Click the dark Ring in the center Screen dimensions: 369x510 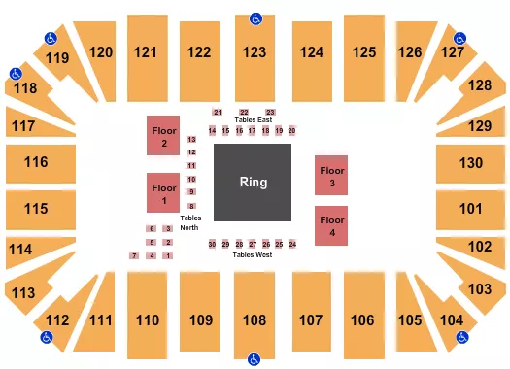click(x=253, y=183)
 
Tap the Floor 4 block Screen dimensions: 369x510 click(x=332, y=226)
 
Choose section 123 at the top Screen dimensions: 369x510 click(x=255, y=52)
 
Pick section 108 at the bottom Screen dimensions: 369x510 click(x=255, y=318)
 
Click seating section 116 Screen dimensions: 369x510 click(x=37, y=162)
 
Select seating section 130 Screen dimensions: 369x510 click(x=471, y=162)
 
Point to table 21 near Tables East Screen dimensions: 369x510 click(x=219, y=113)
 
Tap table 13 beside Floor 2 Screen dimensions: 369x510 click(x=192, y=140)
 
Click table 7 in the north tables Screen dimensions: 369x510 click(x=133, y=255)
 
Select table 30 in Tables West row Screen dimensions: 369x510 click(x=212, y=244)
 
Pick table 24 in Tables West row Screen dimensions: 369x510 click(x=292, y=244)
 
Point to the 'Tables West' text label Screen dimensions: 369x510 click(x=252, y=254)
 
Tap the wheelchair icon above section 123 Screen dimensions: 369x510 click(x=255, y=17)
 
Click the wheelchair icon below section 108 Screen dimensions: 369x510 click(x=255, y=357)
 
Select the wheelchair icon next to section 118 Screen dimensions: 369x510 click(x=16, y=73)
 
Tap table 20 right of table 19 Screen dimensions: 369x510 click(x=291, y=130)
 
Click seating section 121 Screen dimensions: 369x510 click(x=147, y=52)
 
